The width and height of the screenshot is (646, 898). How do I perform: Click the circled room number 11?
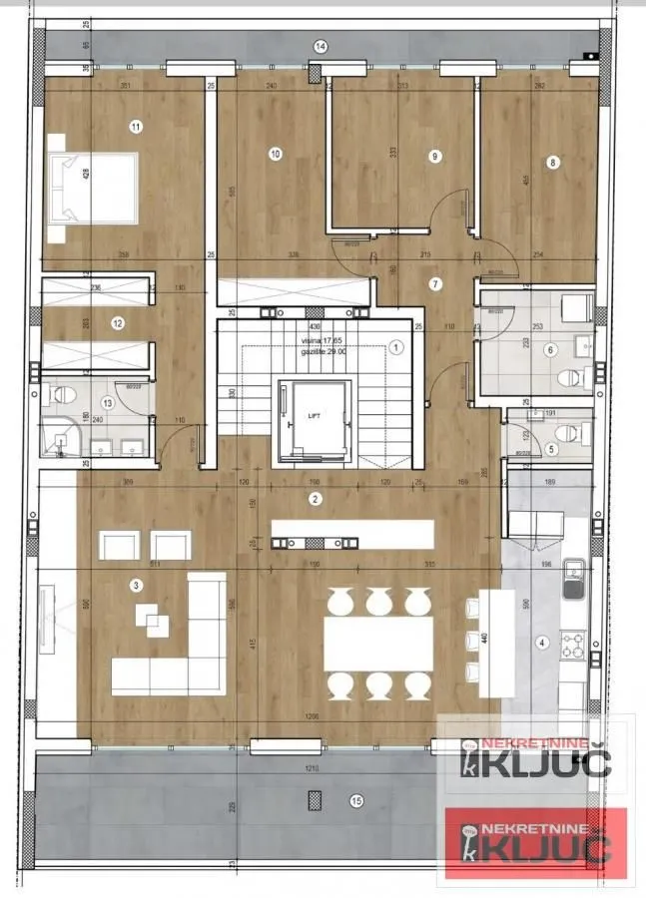click(136, 126)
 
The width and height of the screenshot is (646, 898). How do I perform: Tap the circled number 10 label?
click(276, 154)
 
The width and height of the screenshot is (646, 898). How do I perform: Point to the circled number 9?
click(434, 156)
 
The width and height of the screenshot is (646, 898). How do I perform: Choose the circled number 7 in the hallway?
click(434, 284)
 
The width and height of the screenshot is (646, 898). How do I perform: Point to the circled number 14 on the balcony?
click(321, 46)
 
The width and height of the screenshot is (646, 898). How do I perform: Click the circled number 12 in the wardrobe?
click(118, 322)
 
